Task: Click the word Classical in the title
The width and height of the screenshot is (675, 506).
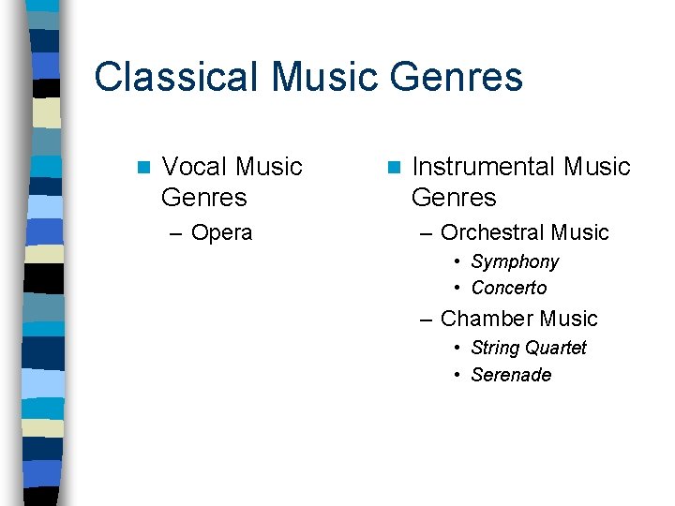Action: pyautogui.click(x=172, y=77)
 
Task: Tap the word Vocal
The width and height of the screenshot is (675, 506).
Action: pyautogui.click(x=194, y=167)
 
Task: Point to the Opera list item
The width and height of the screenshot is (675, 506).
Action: pyautogui.click(x=221, y=232)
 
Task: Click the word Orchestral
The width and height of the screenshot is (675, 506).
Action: pyautogui.click(x=492, y=232)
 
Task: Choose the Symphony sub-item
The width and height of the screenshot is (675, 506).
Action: pyautogui.click(x=515, y=261)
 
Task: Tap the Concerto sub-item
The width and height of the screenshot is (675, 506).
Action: pyautogui.click(x=509, y=288)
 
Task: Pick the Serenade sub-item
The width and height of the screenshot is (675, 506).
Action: pyautogui.click(x=511, y=375)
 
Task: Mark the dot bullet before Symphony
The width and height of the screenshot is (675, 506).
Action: pyautogui.click(x=457, y=262)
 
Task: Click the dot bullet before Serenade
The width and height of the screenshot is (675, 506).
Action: pyautogui.click(x=457, y=375)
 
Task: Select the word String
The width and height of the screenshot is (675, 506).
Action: pyautogui.click(x=493, y=348)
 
